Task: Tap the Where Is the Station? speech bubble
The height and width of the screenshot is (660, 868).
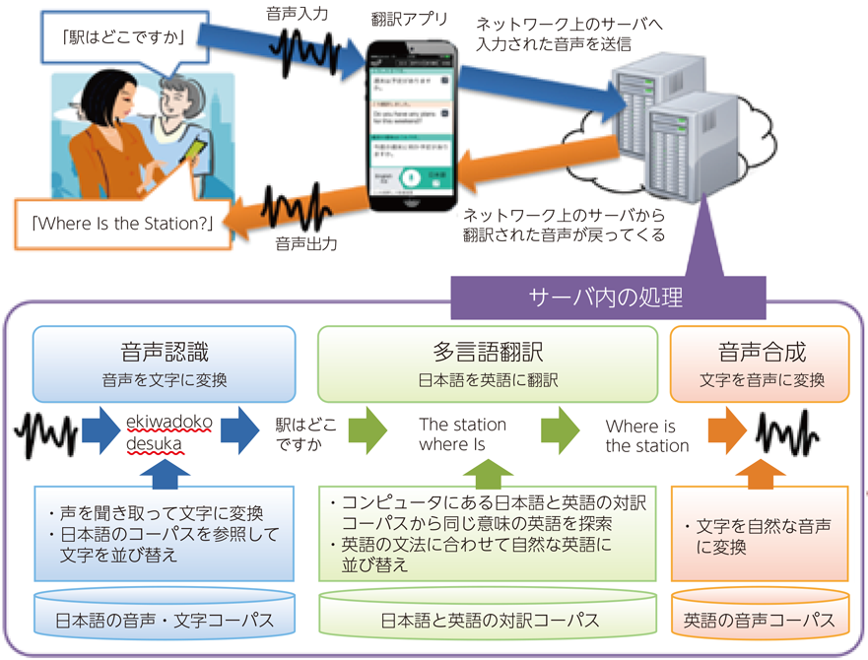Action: pyautogui.click(x=124, y=223)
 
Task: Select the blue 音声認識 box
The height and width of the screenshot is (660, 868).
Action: pyautogui.click(x=165, y=364)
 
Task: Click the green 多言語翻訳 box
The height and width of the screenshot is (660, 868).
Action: pyautogui.click(x=488, y=364)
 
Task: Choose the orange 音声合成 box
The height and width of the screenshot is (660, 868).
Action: pyautogui.click(x=760, y=364)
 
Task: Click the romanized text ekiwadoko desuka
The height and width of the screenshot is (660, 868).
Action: pyautogui.click(x=168, y=433)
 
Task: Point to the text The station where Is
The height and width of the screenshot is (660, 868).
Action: pyautogui.click(x=462, y=434)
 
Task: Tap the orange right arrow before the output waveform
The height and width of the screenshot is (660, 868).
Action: pyautogui.click(x=725, y=432)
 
